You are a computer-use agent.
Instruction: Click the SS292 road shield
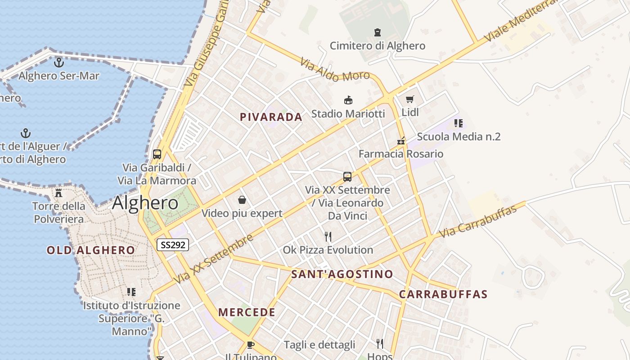(x=173, y=245)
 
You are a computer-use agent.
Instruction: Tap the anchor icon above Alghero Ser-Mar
(x=59, y=63)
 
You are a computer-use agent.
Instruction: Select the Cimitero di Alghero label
(x=378, y=46)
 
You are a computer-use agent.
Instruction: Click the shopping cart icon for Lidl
(x=409, y=99)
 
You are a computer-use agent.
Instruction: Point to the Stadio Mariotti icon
(x=348, y=100)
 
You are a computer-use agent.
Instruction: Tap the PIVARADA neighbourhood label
(x=271, y=117)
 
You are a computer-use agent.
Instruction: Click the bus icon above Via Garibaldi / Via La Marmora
(x=157, y=154)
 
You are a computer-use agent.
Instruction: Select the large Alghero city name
(x=145, y=203)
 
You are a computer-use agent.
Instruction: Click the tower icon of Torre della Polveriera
(x=58, y=193)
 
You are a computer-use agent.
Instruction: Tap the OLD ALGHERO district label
(x=91, y=250)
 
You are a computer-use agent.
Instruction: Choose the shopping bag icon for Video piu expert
(x=242, y=200)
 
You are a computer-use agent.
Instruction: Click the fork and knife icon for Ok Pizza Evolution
(x=328, y=236)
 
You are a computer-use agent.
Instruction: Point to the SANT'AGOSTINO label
(x=342, y=274)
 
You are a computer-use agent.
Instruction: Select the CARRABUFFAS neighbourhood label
(x=443, y=294)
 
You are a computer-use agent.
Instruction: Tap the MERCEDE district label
(x=247, y=312)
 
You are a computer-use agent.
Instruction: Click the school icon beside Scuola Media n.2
(x=459, y=123)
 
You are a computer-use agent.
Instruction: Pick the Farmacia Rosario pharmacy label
(x=401, y=154)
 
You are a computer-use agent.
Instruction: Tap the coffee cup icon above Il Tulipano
(x=251, y=345)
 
